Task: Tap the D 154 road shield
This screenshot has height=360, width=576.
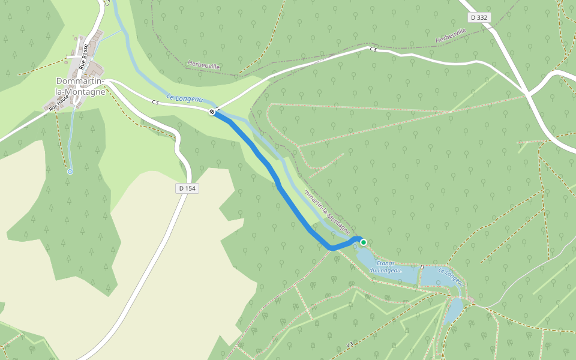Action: tap(187, 188)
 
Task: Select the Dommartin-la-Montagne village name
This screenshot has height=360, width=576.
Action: tap(80, 86)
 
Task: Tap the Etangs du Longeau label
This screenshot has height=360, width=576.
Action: tap(385, 267)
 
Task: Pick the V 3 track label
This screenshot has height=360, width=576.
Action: tap(350, 345)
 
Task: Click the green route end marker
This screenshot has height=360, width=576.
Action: tap(364, 242)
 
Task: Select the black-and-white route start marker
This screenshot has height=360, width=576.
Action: tap(212, 112)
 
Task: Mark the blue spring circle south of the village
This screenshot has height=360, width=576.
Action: tap(70, 172)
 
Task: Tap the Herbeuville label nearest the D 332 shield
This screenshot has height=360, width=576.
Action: tap(451, 35)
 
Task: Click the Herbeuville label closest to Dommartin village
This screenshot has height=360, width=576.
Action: tap(203, 65)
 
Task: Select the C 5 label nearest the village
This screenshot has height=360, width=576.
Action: tap(155, 103)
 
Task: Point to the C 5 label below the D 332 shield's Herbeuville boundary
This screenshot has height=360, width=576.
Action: tap(373, 49)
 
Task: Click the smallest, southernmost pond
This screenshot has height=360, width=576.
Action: tap(453, 310)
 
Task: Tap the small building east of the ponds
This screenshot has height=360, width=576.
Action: tap(472, 299)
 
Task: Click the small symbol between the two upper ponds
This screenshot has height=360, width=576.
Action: tap(422, 266)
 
